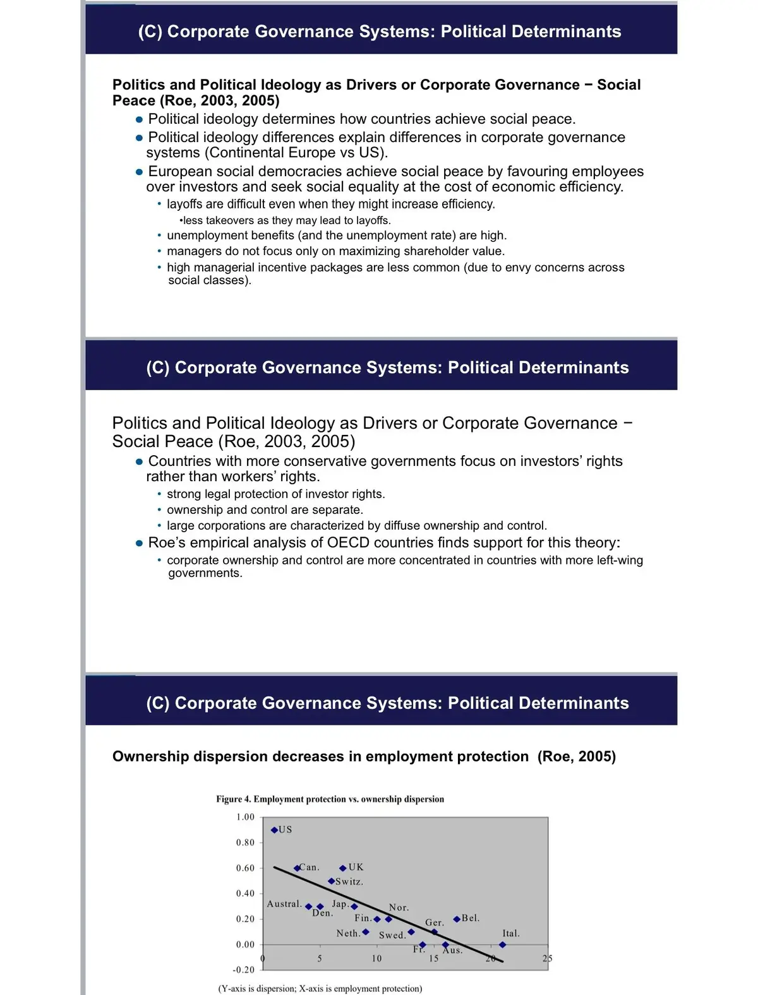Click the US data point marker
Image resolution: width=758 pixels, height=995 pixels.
[274, 830]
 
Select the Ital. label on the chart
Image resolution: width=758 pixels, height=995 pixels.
[511, 933]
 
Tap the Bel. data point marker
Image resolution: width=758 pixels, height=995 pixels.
[457, 919]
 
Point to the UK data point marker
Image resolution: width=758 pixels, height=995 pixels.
[343, 868]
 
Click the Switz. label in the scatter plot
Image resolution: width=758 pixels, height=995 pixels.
[349, 881]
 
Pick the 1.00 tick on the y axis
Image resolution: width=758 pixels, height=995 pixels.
[245, 817]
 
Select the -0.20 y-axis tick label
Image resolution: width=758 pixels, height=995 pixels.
[244, 970]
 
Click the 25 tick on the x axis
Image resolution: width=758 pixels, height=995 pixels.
[547, 958]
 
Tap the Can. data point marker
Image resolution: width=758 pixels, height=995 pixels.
[297, 868]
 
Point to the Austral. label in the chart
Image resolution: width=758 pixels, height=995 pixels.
[284, 904]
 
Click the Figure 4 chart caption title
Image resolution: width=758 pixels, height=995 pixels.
[330, 799]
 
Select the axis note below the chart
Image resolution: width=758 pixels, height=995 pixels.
[320, 989]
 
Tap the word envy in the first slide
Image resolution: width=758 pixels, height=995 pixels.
[519, 267]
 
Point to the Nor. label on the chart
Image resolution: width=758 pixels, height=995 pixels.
[399, 907]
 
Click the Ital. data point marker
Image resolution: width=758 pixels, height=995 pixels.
[502, 945]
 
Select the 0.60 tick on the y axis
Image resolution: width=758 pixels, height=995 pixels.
[245, 868]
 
